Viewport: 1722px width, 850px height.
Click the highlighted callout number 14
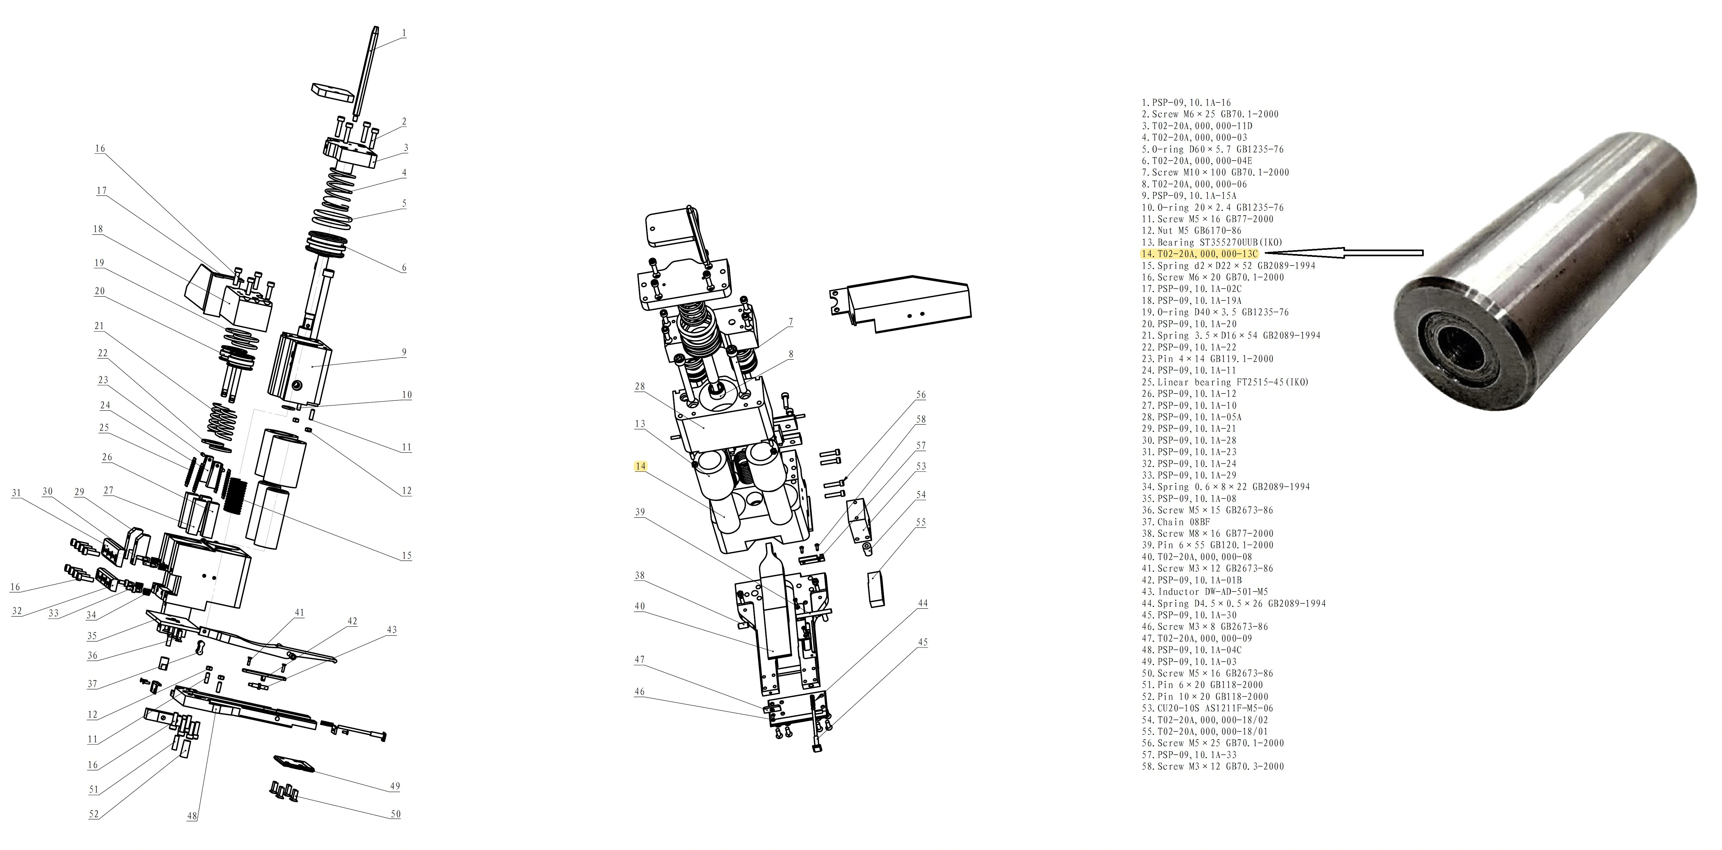click(640, 466)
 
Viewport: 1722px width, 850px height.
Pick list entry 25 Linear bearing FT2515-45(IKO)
click(1225, 382)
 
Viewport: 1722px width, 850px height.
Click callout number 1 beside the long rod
click(404, 33)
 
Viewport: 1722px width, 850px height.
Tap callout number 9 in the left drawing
click(404, 352)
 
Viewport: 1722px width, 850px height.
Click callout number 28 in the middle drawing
click(640, 386)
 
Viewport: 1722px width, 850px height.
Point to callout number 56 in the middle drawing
click(920, 395)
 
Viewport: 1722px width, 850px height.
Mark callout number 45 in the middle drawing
click(923, 642)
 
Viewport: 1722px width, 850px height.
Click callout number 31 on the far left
click(16, 493)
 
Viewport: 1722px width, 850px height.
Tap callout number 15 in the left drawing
click(406, 555)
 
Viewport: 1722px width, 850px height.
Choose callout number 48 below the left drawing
click(192, 816)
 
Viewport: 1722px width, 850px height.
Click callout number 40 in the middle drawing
click(640, 606)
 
